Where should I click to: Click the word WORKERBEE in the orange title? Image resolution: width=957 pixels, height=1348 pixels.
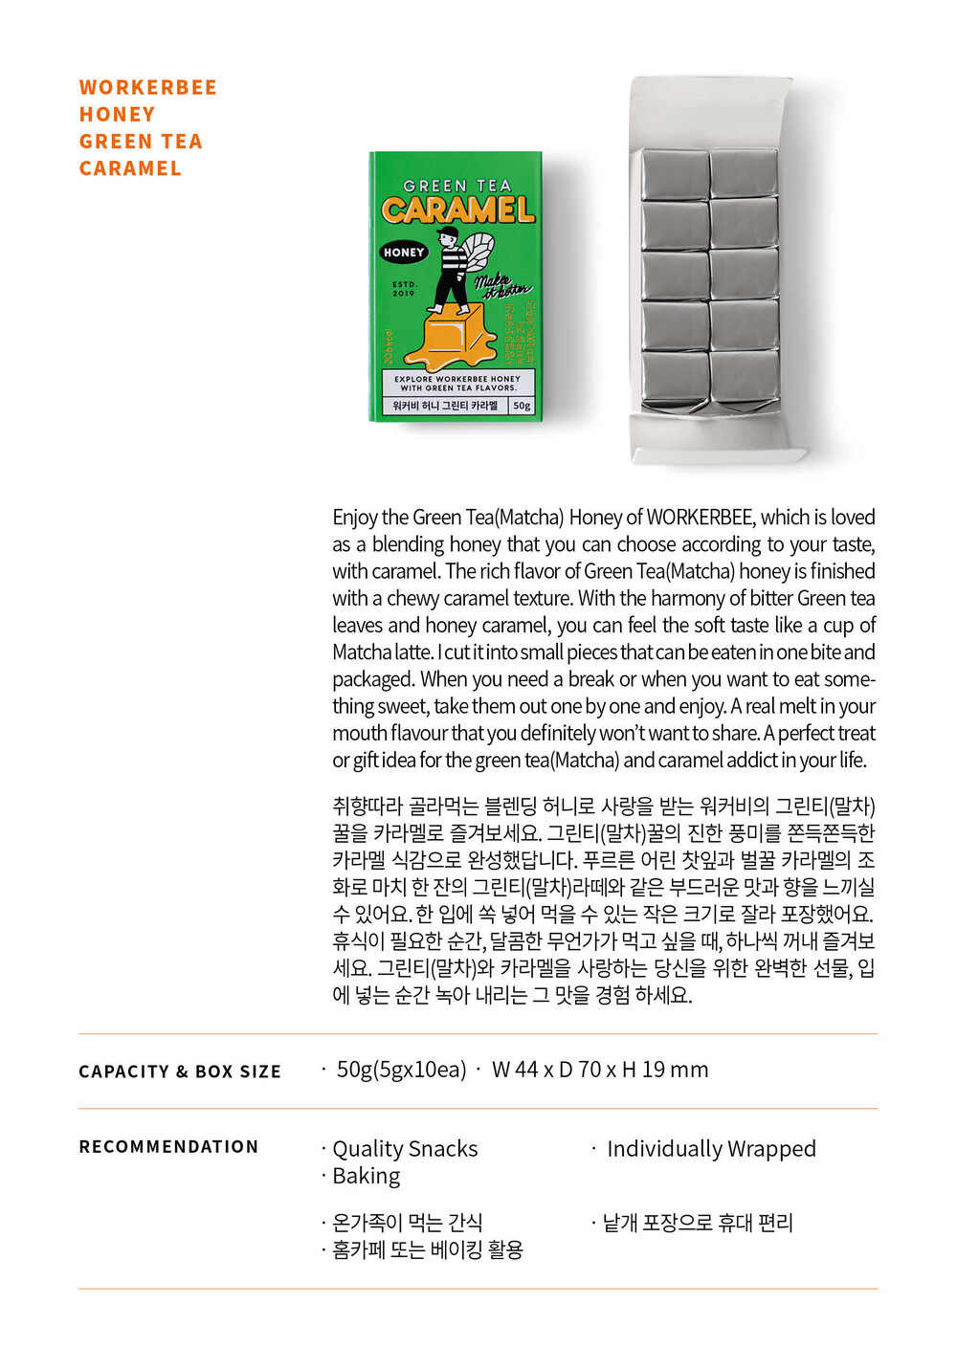tap(147, 88)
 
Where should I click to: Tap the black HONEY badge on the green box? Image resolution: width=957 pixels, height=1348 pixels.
tap(403, 253)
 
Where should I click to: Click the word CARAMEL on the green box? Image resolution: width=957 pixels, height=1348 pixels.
tap(457, 210)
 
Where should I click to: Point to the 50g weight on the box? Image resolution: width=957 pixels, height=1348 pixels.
tap(522, 406)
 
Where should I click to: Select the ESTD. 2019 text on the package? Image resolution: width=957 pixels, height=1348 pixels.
tap(404, 288)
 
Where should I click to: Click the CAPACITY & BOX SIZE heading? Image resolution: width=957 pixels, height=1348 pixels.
tap(180, 1072)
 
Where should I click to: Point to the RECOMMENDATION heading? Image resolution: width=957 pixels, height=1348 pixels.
tap(168, 1146)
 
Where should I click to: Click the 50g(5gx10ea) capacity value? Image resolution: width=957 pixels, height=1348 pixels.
tap(401, 1070)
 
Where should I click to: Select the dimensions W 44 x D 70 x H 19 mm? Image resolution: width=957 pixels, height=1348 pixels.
tap(600, 1070)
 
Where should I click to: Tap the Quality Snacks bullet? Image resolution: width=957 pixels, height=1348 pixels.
tap(405, 1148)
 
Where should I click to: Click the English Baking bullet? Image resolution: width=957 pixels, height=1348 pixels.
tap(366, 1176)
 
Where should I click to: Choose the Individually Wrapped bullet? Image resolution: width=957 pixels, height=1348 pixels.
tap(711, 1148)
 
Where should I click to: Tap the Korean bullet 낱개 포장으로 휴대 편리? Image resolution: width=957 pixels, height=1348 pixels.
tap(698, 1223)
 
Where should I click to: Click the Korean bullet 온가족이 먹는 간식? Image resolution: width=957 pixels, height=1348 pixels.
tap(407, 1223)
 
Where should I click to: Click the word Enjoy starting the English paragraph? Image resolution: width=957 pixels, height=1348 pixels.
tap(355, 518)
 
